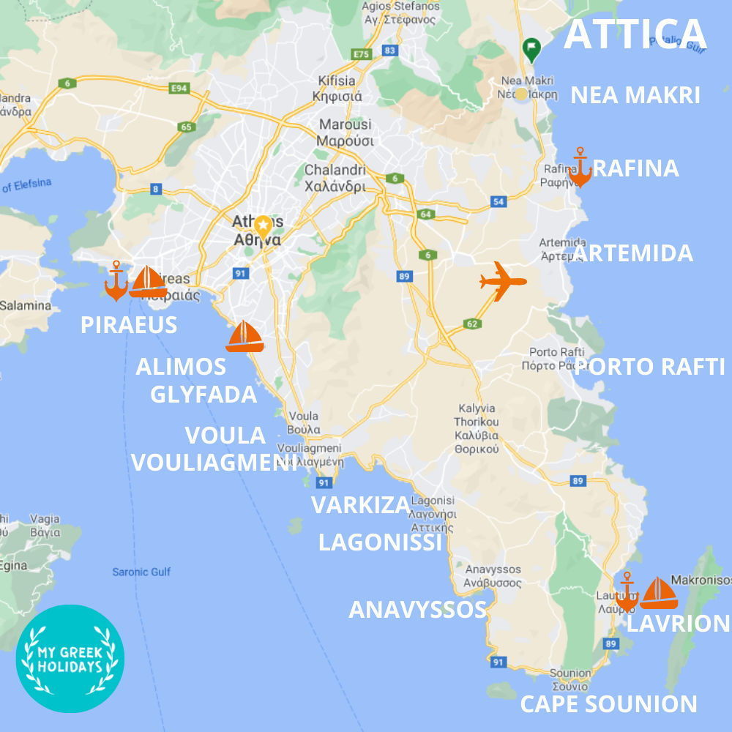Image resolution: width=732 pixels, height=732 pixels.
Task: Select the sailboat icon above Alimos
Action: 244,337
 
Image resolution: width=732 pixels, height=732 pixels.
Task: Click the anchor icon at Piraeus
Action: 116,281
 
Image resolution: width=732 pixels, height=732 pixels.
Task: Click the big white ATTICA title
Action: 635,34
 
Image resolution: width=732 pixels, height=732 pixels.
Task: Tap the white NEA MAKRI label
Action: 635,95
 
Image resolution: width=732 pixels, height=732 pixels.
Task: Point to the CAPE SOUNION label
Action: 608,704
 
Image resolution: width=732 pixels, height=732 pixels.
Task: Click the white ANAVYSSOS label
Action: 417,609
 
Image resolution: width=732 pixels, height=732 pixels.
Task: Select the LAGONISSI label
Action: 381,542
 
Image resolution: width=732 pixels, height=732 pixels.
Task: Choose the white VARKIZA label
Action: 360,505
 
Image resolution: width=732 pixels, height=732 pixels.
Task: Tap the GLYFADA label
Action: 203,394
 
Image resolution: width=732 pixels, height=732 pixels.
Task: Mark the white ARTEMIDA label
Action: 632,253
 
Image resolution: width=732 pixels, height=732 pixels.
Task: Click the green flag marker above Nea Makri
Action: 532,50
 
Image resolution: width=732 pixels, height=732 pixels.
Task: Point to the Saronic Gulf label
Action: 141,572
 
